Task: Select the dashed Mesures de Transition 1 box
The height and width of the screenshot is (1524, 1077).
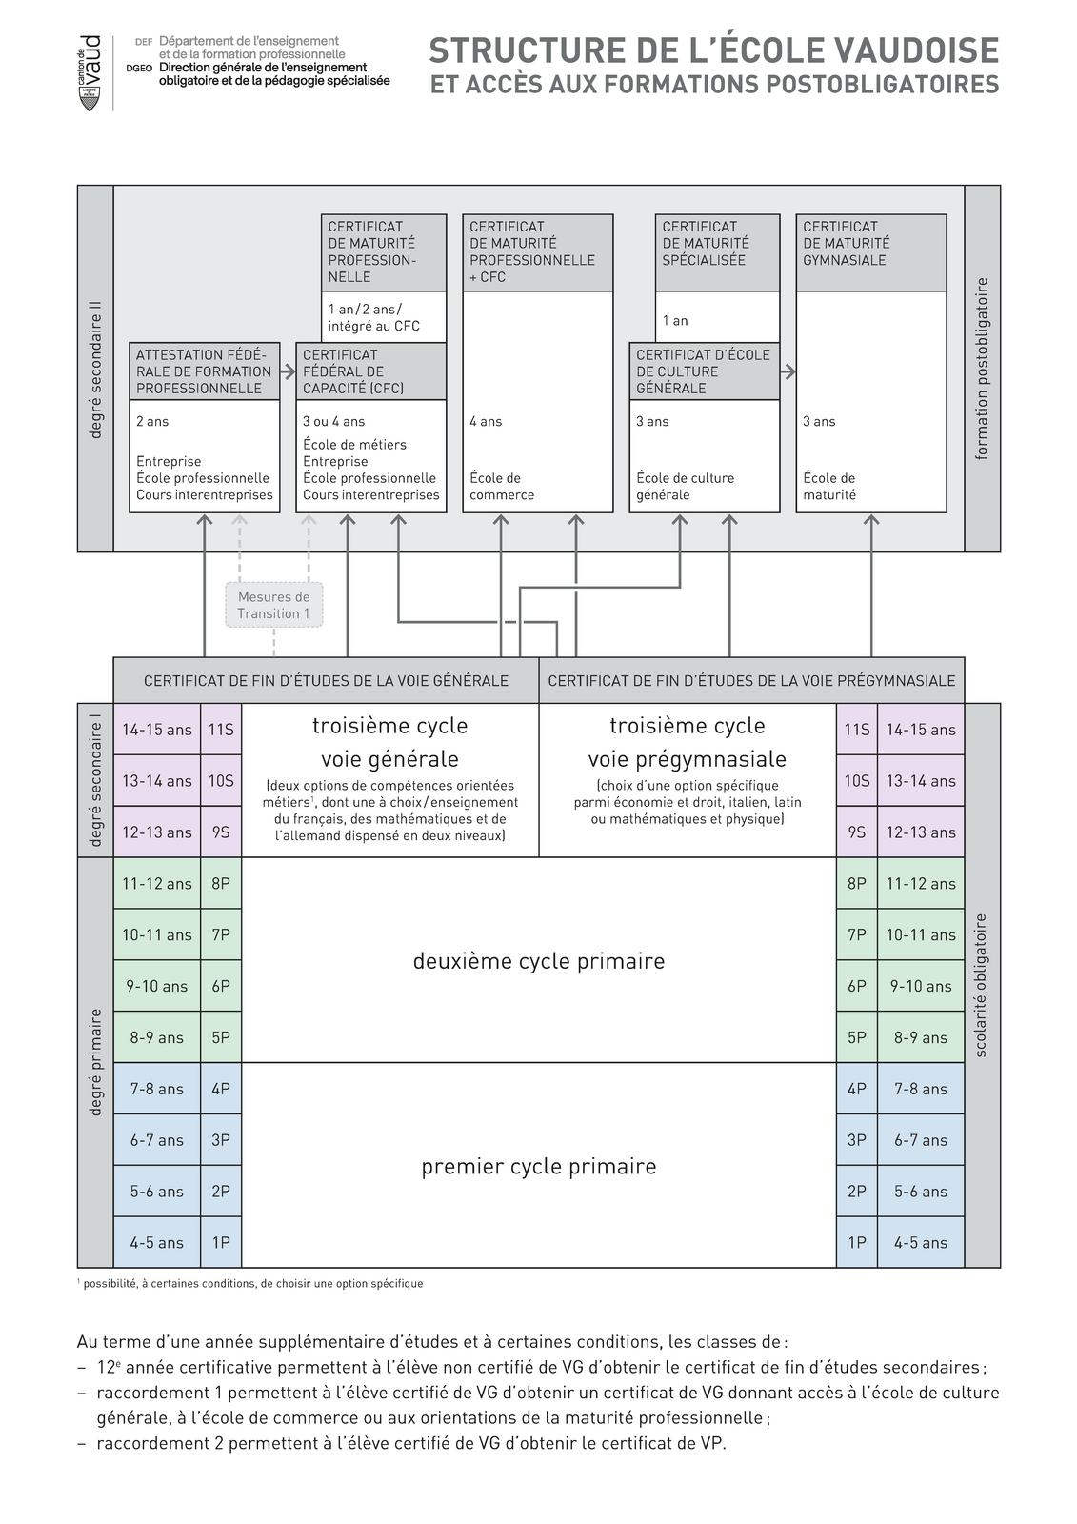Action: click(x=274, y=605)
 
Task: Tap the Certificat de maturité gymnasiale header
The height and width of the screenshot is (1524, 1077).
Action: click(x=870, y=252)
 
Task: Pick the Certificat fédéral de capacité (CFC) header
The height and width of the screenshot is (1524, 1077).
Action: click(x=370, y=371)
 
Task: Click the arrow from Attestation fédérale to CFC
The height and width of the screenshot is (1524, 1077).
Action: click(x=289, y=371)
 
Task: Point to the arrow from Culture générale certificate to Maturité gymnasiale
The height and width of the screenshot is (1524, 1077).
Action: click(x=788, y=371)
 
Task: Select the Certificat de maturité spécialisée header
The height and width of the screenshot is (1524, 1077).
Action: click(x=717, y=252)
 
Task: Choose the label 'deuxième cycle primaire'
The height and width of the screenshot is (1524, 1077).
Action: click(x=539, y=961)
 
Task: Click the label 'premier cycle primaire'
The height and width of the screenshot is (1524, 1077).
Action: click(x=539, y=1167)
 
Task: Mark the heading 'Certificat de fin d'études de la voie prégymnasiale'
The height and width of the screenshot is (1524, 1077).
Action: click(x=751, y=681)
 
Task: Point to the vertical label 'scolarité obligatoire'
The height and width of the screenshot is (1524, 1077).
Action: click(x=982, y=985)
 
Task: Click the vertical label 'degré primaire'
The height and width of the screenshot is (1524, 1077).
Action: click(x=95, y=1062)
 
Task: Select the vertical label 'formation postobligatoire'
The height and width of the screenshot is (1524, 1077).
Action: click(x=982, y=369)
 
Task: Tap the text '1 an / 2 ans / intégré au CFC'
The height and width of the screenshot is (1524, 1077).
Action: click(x=373, y=317)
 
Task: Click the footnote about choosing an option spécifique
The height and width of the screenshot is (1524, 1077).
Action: click(x=252, y=1284)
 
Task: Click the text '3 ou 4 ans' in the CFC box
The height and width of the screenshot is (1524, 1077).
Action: click(x=333, y=421)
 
